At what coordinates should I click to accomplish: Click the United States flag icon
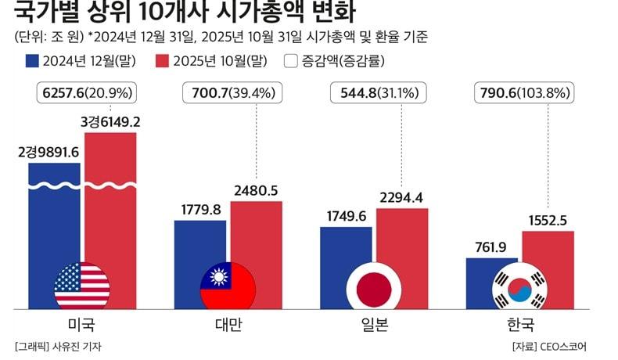point(82,285)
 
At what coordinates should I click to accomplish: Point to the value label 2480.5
point(256,190)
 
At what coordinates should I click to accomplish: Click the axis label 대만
point(228,323)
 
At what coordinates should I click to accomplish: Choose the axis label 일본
point(374,323)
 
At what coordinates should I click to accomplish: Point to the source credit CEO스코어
point(560,346)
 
